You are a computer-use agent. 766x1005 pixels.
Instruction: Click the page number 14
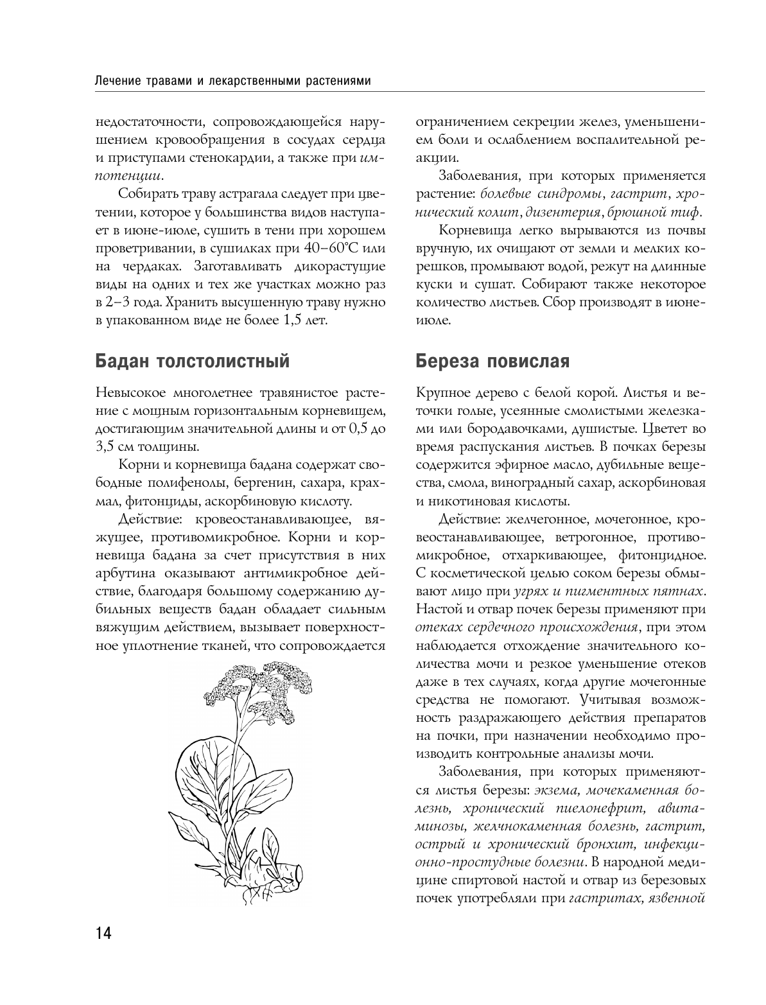(103, 932)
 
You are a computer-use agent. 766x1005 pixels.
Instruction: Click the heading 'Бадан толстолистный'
(192, 362)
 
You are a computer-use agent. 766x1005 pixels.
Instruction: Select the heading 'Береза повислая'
(492, 362)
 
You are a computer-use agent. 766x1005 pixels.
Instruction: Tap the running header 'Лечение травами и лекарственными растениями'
(232, 82)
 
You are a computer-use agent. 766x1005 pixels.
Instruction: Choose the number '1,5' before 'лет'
(288, 319)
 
